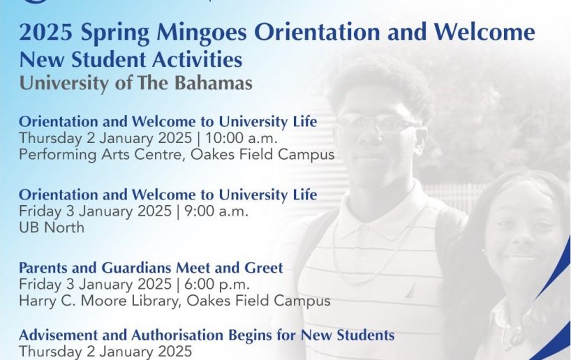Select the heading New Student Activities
[x=131, y=59]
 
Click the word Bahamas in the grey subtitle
[x=214, y=82]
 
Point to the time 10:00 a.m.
[x=242, y=138]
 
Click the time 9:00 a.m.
[x=216, y=211]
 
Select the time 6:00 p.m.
[x=217, y=284]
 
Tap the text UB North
[x=52, y=227]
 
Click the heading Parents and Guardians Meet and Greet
[x=151, y=268]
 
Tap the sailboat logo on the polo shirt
[x=410, y=291]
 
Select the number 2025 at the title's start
[x=46, y=31]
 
